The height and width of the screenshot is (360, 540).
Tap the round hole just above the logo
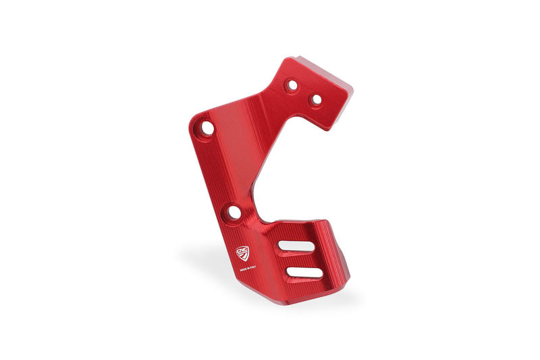[234, 213]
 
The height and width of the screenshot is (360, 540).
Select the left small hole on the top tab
[292, 86]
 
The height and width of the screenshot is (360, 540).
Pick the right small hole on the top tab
[315, 99]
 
